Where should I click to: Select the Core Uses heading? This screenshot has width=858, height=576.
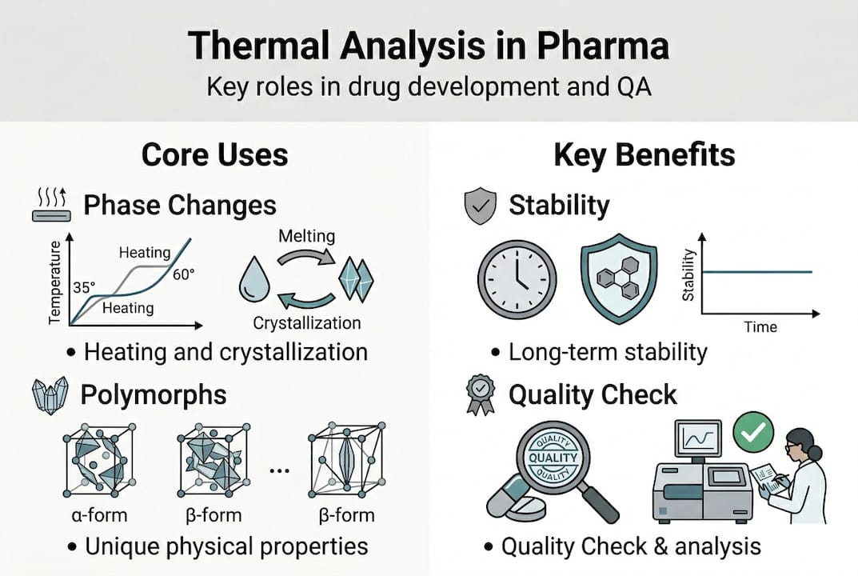coord(214,154)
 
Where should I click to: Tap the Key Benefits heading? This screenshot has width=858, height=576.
coord(644,154)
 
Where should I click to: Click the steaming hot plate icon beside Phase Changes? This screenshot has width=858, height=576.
coord(50,204)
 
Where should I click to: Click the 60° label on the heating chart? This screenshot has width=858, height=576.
coord(182,275)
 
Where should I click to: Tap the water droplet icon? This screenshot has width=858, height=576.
coord(254,280)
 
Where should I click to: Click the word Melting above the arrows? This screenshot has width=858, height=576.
coord(306,236)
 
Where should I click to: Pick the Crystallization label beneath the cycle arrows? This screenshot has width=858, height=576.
coord(306,323)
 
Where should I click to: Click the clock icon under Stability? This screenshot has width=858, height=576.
coord(517,279)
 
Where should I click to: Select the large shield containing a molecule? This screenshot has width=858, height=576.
coord(619,280)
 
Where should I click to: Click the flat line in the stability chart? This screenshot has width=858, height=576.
coord(760,273)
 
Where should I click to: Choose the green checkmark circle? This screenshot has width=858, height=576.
coord(752,432)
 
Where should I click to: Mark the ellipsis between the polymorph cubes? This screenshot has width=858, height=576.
coord(278,471)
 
